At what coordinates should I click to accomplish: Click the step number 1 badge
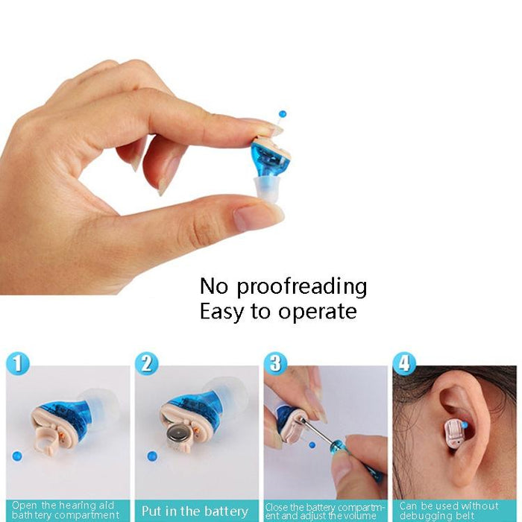point(19,365)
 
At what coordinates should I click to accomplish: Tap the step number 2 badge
point(147,364)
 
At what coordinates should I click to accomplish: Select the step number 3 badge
point(276,363)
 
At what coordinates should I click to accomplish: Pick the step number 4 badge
point(404,364)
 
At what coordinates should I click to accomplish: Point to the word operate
point(317,311)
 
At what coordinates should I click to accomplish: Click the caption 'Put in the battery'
point(195,511)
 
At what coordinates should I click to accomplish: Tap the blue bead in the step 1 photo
point(16,456)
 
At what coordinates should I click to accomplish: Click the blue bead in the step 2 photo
point(150,454)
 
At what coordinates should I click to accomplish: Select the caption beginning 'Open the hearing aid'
point(66,511)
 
